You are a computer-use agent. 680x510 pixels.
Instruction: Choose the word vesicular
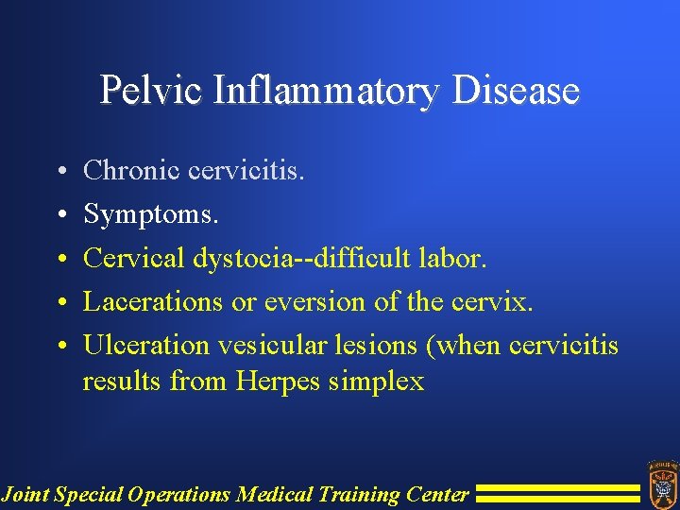(263, 346)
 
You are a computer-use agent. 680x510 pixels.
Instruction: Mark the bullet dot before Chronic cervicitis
(60, 173)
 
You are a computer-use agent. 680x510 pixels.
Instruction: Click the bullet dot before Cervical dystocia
(60, 260)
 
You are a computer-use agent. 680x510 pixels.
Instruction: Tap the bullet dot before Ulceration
(60, 347)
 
